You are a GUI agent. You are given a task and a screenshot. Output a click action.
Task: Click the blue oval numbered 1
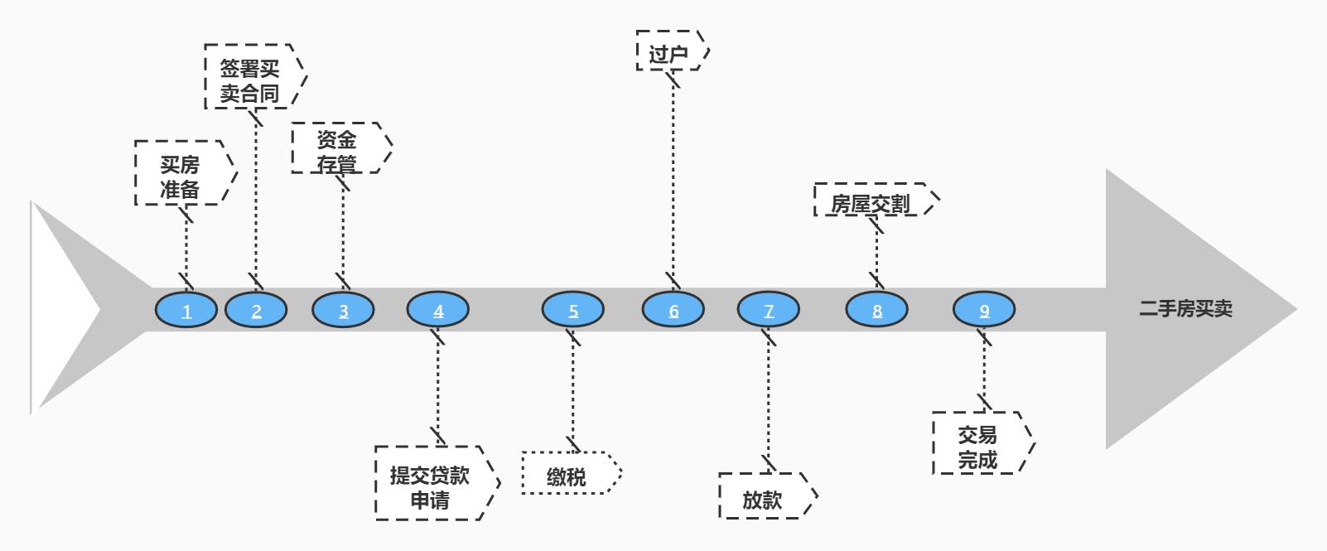(186, 311)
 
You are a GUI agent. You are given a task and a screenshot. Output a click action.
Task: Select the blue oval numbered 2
(256, 311)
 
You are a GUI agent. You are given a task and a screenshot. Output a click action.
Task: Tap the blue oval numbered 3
(343, 311)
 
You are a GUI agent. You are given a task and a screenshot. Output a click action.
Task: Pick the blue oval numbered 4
(438, 311)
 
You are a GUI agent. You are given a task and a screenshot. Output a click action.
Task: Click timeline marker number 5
(573, 311)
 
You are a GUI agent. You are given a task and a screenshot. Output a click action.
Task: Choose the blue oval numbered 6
(673, 311)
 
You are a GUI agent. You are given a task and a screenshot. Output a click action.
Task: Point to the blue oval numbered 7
(769, 311)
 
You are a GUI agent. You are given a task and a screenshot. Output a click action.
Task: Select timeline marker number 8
(877, 311)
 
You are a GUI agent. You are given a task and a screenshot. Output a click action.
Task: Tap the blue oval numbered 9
(984, 311)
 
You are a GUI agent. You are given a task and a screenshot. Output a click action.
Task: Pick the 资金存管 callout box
(338, 148)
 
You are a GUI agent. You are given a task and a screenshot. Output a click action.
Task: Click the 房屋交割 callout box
(872, 201)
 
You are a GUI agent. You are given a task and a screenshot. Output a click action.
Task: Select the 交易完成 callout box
(979, 443)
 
